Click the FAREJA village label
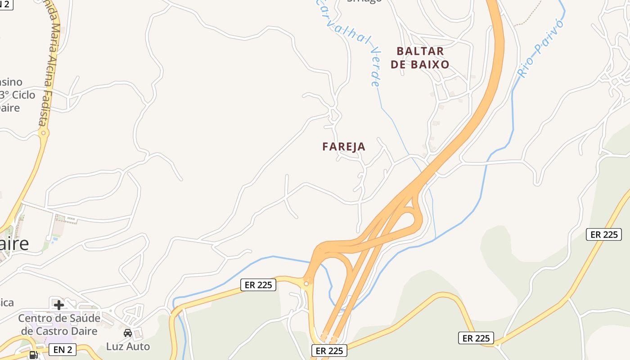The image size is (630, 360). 344,147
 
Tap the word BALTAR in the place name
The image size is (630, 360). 420,51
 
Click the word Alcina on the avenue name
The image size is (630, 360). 51,63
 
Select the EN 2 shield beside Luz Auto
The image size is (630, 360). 62,349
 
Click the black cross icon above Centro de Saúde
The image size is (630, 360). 59,305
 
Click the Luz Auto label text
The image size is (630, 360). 128,346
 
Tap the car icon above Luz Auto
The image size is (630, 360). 128,333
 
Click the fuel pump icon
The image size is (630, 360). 33,355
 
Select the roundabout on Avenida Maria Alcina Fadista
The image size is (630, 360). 43,133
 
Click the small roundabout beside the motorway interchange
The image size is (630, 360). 306,283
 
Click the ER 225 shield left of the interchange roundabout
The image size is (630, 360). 258,285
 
